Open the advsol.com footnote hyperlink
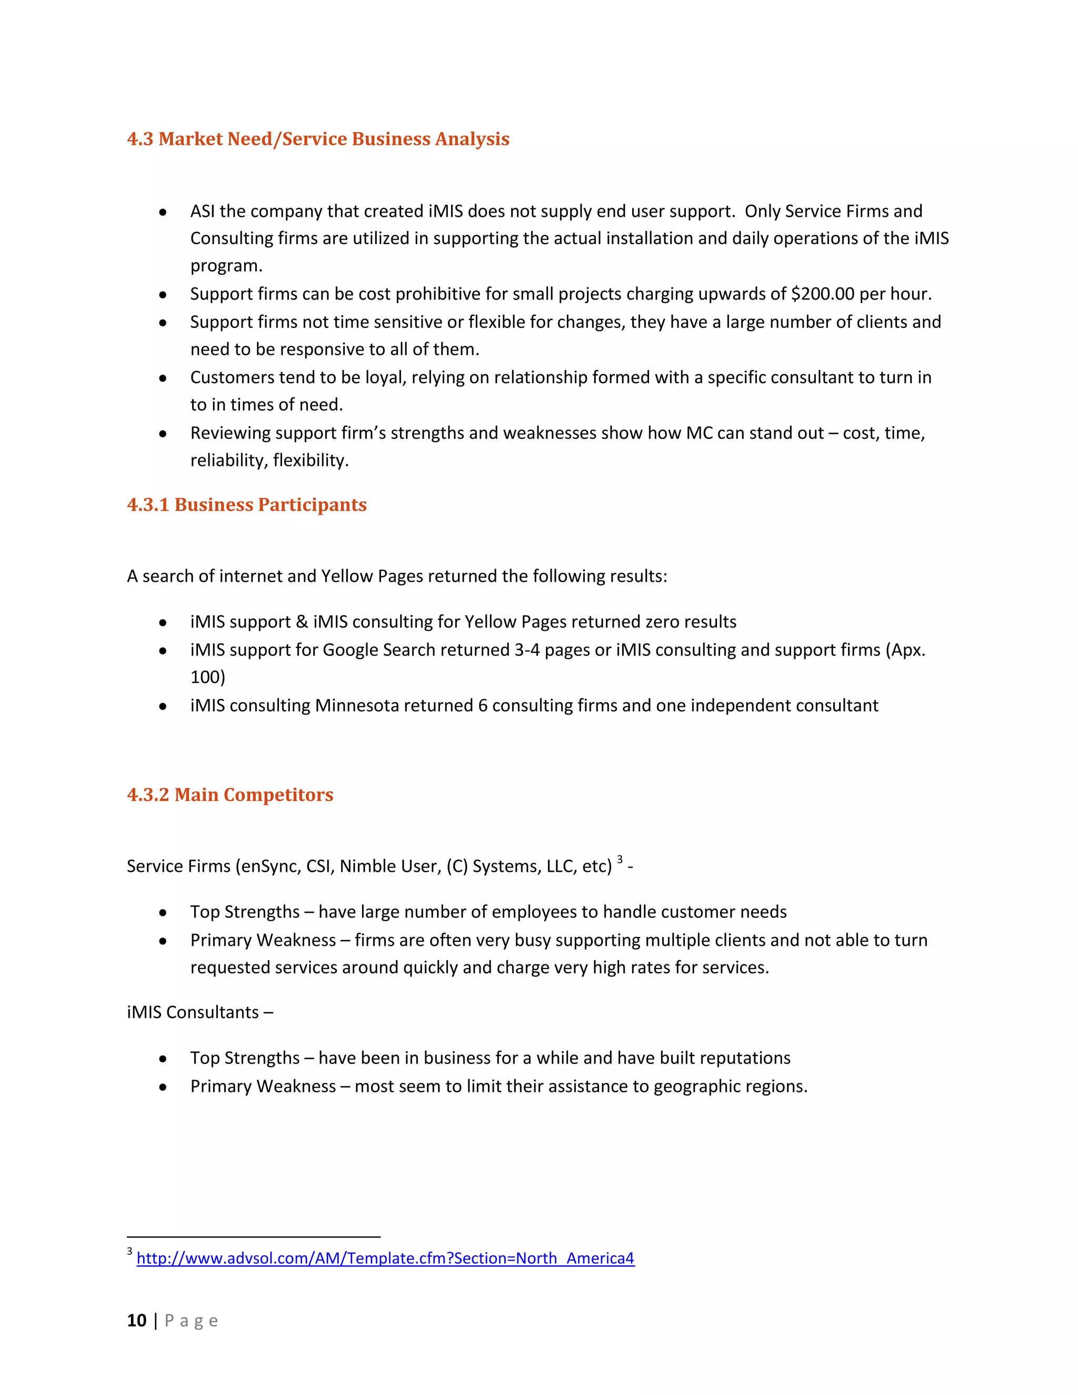point(385,1258)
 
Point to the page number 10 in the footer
point(137,1320)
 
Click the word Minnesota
point(356,705)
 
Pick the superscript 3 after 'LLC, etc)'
point(620,859)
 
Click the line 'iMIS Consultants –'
point(199,1012)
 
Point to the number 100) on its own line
point(207,677)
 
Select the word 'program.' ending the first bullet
point(226,266)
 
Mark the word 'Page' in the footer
point(191,1320)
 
